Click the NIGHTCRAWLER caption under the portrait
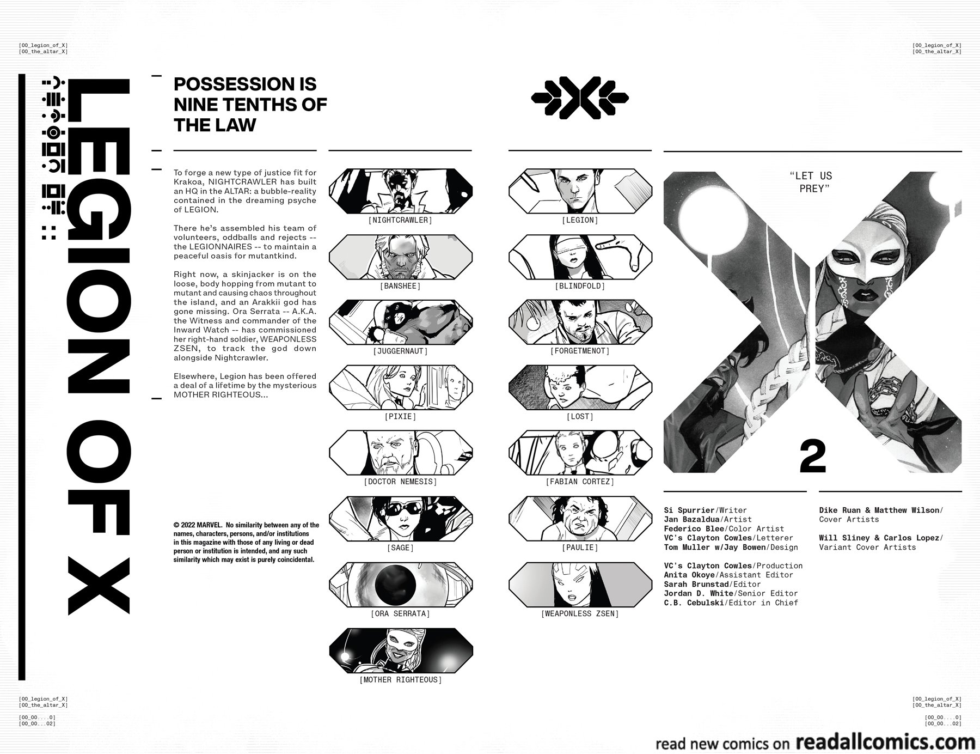tap(400, 220)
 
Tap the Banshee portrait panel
tap(400, 257)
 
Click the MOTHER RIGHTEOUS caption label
tap(400, 680)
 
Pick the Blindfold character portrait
tap(580, 257)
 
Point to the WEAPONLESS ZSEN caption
tap(580, 613)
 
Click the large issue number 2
tap(812, 458)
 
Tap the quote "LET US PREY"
tap(810, 182)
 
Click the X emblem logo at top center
tap(579, 99)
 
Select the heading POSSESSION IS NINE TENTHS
tap(250, 104)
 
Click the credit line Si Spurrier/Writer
tap(698, 510)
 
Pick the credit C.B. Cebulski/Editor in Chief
tap(731, 603)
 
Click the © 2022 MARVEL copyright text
tap(246, 542)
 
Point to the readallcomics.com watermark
tap(885, 743)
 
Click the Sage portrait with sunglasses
tap(400, 519)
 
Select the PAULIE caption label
tap(580, 548)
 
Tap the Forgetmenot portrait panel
tap(580, 323)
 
